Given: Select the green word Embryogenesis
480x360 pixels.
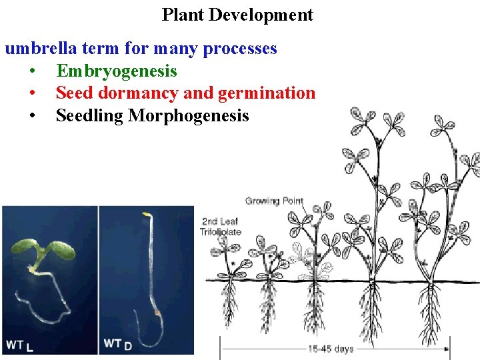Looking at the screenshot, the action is coord(117,71).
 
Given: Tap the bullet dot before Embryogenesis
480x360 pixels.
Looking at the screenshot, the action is coord(32,71).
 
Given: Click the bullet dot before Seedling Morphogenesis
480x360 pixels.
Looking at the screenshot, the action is coord(32,117).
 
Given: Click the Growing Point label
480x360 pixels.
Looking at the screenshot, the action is coord(274,201).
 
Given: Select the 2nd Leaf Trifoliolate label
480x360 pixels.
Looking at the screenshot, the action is coord(221,227).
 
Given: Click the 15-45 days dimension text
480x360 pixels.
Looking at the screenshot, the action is coord(331,349).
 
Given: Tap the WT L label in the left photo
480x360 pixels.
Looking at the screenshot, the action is coord(20,345).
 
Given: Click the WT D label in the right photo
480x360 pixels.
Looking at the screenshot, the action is coord(117,344).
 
